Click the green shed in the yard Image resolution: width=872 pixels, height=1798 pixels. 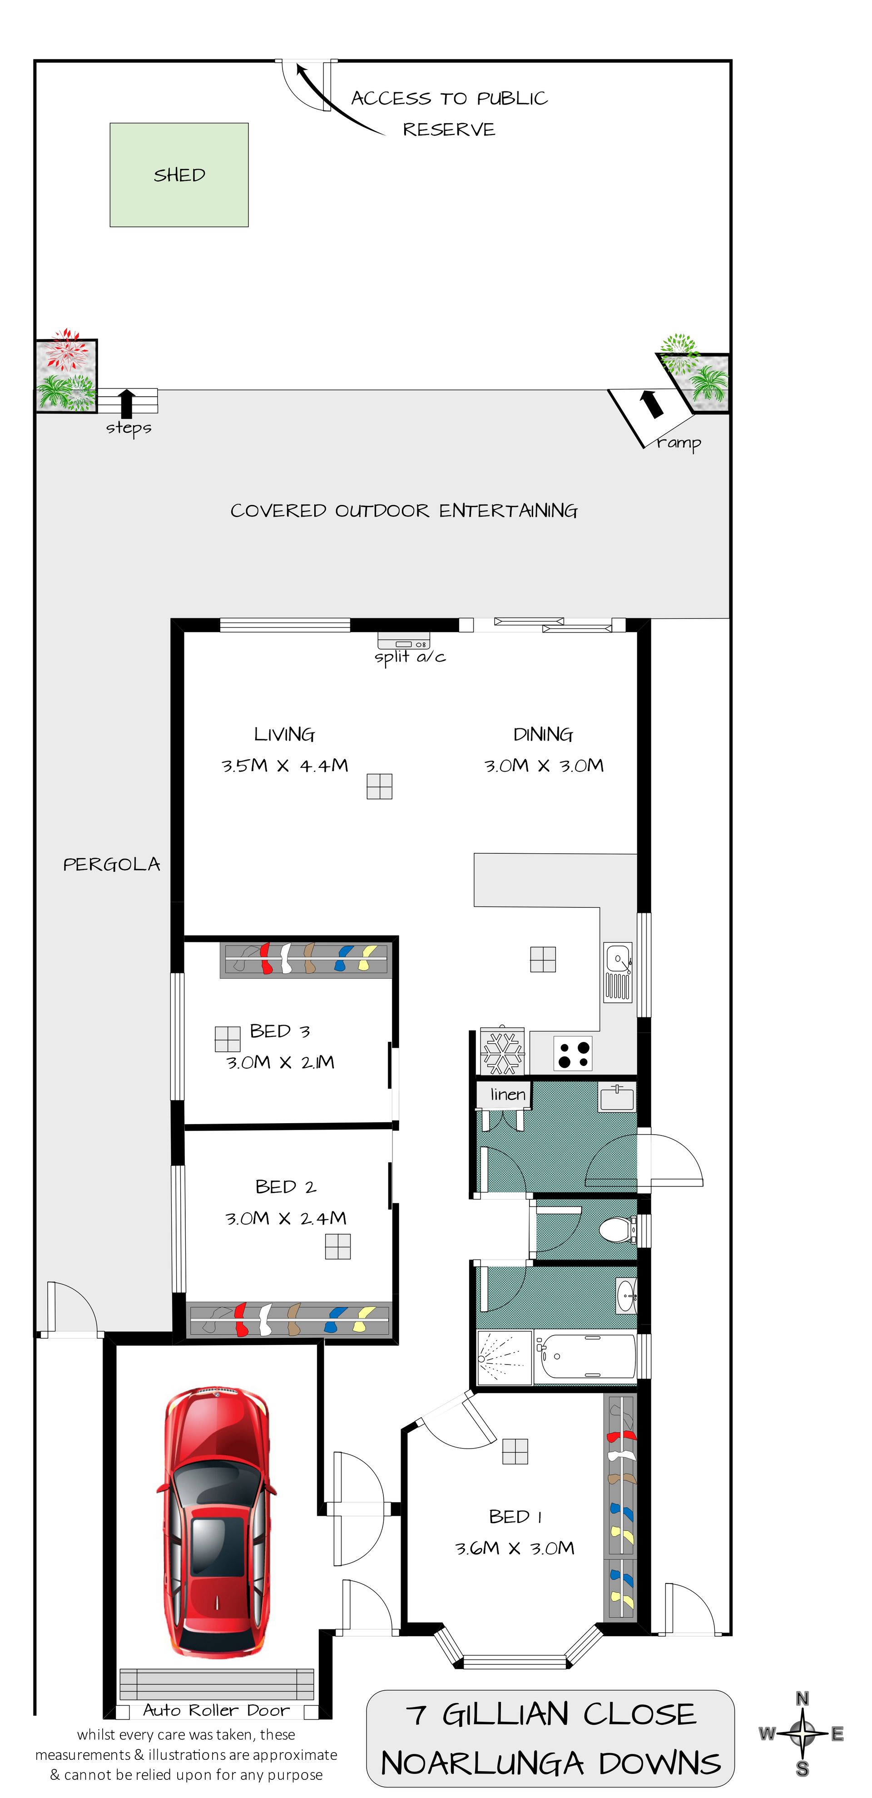pos(179,175)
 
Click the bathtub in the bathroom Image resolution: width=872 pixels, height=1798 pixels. pos(585,1357)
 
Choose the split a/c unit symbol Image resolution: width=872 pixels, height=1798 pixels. pos(403,641)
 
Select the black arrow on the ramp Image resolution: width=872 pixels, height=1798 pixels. pos(652,403)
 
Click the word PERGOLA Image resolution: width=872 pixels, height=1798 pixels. pos(112,865)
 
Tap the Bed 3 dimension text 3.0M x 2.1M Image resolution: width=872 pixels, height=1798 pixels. pos(280,1062)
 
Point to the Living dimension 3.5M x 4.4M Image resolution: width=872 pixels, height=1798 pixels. pos(285,766)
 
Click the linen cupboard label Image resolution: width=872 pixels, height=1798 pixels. pos(507,1095)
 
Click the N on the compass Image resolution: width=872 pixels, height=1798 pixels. pos(802,1699)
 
